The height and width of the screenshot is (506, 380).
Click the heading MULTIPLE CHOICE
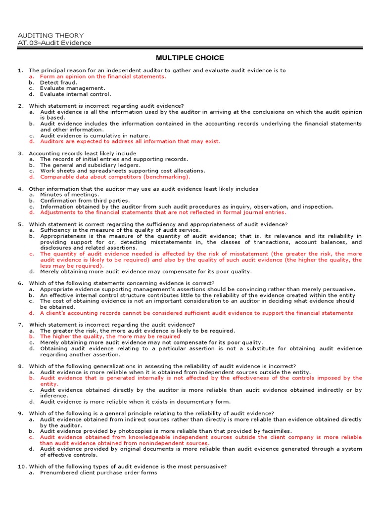coord(190,58)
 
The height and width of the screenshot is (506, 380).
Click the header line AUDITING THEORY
coord(50,36)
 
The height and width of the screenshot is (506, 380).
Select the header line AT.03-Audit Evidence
coord(54,42)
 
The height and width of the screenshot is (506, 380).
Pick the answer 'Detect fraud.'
coord(58,83)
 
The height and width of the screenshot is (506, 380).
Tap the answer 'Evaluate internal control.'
coord(76,94)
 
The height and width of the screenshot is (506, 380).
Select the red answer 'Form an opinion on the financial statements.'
coord(103,77)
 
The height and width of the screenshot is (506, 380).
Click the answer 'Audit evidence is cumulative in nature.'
coord(95,135)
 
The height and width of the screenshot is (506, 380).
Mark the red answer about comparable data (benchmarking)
coord(115,177)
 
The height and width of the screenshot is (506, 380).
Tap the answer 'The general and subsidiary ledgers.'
coord(91,165)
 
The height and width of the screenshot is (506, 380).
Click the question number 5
coord(21,224)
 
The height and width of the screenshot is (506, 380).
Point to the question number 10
coord(22,467)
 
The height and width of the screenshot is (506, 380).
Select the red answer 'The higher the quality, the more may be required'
coord(110,337)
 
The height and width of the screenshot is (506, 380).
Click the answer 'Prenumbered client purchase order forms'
coord(98,473)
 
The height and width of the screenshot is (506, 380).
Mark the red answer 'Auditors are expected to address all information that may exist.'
coord(130,141)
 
